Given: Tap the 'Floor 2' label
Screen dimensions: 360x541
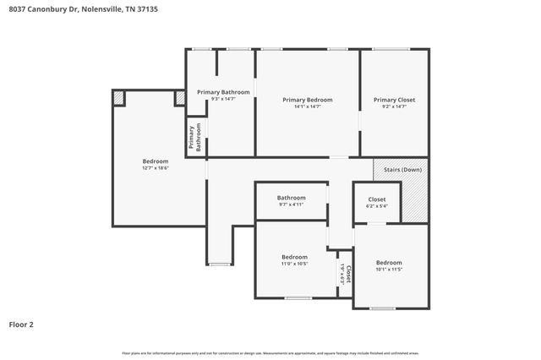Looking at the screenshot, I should [21, 324].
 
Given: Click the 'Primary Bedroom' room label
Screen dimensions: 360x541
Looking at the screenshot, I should [307, 100].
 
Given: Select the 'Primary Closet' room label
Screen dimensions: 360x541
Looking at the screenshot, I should [394, 100].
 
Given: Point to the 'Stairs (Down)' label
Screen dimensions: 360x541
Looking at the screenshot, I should [403, 169].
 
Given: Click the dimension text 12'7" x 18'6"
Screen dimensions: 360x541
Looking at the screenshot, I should [156, 168].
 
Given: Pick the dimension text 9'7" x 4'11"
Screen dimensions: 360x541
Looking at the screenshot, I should [291, 205].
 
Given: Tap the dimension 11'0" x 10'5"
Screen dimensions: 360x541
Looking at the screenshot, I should [294, 264].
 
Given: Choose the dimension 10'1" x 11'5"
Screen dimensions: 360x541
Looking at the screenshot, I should [389, 270].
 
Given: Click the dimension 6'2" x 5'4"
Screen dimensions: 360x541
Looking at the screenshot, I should [377, 206].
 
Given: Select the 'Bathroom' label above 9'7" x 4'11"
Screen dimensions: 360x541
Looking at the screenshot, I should [291, 198].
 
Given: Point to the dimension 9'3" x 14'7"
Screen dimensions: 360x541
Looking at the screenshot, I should [223, 99].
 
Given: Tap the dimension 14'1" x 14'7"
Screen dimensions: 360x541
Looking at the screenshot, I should [307, 106].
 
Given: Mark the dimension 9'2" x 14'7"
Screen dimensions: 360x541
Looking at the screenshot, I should [394, 106].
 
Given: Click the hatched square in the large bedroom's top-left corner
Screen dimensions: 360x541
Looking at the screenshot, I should [119, 98].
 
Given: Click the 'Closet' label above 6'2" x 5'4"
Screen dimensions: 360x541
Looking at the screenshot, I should [377, 199].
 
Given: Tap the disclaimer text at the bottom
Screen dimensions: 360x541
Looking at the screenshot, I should [270, 352].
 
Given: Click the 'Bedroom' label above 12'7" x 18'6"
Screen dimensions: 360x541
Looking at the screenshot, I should [156, 161].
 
